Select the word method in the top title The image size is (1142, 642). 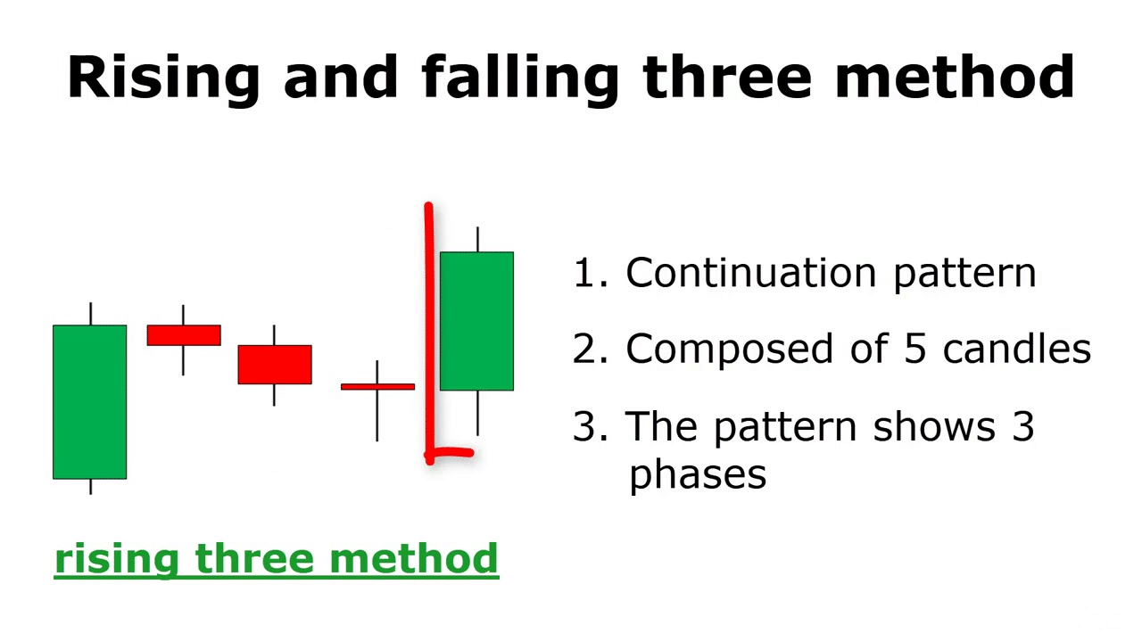pyautogui.click(x=955, y=77)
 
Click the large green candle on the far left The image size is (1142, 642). pyautogui.click(x=90, y=402)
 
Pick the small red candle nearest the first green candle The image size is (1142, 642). pyautogui.click(x=184, y=335)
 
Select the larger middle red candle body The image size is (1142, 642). pyautogui.click(x=275, y=365)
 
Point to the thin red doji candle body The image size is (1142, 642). pyautogui.click(x=377, y=387)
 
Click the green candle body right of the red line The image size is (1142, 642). pyautogui.click(x=476, y=321)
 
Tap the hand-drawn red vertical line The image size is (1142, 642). pyautogui.click(x=429, y=333)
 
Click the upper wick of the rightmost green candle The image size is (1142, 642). pyautogui.click(x=477, y=240)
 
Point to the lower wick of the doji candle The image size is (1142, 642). pyautogui.click(x=377, y=416)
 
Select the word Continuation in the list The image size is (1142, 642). pyautogui.click(x=751, y=272)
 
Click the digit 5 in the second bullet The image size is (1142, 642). pyautogui.click(x=914, y=349)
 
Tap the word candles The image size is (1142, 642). pyautogui.click(x=1017, y=349)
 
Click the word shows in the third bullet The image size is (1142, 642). pyautogui.click(x=934, y=425)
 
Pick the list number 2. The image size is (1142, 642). pyautogui.click(x=583, y=349)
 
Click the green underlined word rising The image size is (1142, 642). pyautogui.click(x=117, y=559)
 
